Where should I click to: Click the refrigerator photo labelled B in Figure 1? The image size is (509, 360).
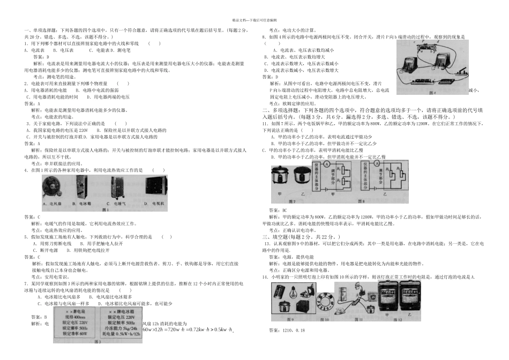tap(86, 188)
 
